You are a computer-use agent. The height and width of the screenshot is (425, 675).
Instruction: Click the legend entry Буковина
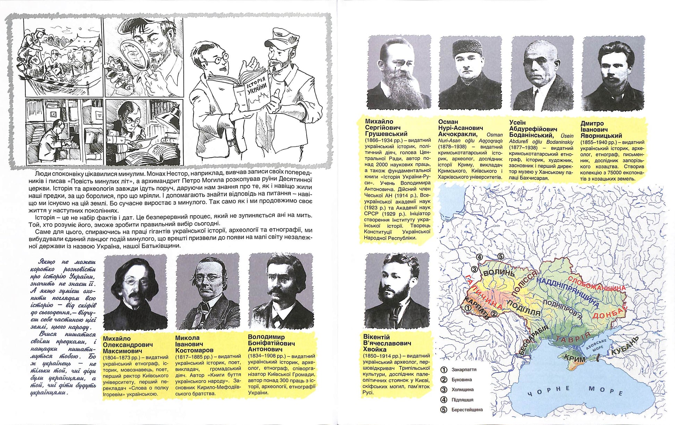tap(461, 380)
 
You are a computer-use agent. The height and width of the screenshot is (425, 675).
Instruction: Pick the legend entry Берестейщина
tap(467, 410)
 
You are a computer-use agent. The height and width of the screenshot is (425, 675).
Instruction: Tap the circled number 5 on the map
tap(501, 256)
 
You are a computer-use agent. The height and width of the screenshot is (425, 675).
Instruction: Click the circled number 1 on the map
tap(468, 307)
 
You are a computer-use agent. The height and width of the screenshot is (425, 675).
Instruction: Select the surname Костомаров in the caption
tap(194, 350)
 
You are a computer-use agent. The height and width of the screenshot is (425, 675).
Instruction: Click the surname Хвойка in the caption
tap(373, 349)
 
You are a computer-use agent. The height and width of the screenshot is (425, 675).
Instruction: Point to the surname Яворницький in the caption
tap(601, 136)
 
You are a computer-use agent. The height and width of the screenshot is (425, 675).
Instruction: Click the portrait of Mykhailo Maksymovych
tap(136, 293)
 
